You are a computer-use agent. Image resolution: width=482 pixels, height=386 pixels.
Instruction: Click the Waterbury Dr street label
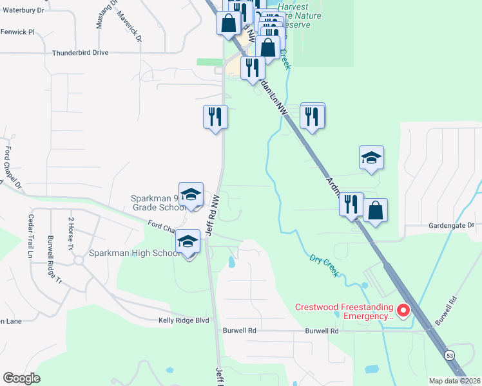click(x=22, y=11)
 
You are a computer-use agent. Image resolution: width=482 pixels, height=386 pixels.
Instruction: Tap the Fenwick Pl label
click(x=17, y=32)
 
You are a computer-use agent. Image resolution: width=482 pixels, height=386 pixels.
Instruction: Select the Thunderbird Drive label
click(x=80, y=53)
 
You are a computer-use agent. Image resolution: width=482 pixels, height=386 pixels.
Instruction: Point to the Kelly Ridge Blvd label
click(x=184, y=320)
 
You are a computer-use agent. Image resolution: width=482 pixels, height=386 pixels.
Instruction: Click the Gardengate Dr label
click(x=451, y=226)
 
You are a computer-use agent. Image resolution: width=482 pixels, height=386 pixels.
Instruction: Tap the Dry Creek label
click(x=323, y=264)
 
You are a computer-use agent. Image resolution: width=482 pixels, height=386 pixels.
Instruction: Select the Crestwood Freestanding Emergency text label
click(x=343, y=311)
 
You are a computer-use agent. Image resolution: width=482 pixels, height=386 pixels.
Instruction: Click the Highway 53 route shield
click(x=448, y=354)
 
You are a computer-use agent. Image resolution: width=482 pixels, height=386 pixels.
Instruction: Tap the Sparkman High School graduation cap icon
click(x=188, y=242)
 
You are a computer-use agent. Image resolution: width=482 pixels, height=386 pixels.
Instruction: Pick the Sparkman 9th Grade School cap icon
click(x=191, y=195)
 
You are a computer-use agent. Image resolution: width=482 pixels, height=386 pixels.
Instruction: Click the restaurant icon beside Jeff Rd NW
click(x=215, y=117)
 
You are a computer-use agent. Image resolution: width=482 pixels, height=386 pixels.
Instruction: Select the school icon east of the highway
click(x=372, y=158)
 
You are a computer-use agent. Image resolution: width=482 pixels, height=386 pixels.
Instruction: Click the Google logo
click(x=21, y=378)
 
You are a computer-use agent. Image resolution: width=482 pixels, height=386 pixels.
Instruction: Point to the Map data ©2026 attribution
click(x=454, y=381)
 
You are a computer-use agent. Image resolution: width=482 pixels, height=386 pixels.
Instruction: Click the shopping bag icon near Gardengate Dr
click(x=375, y=210)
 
